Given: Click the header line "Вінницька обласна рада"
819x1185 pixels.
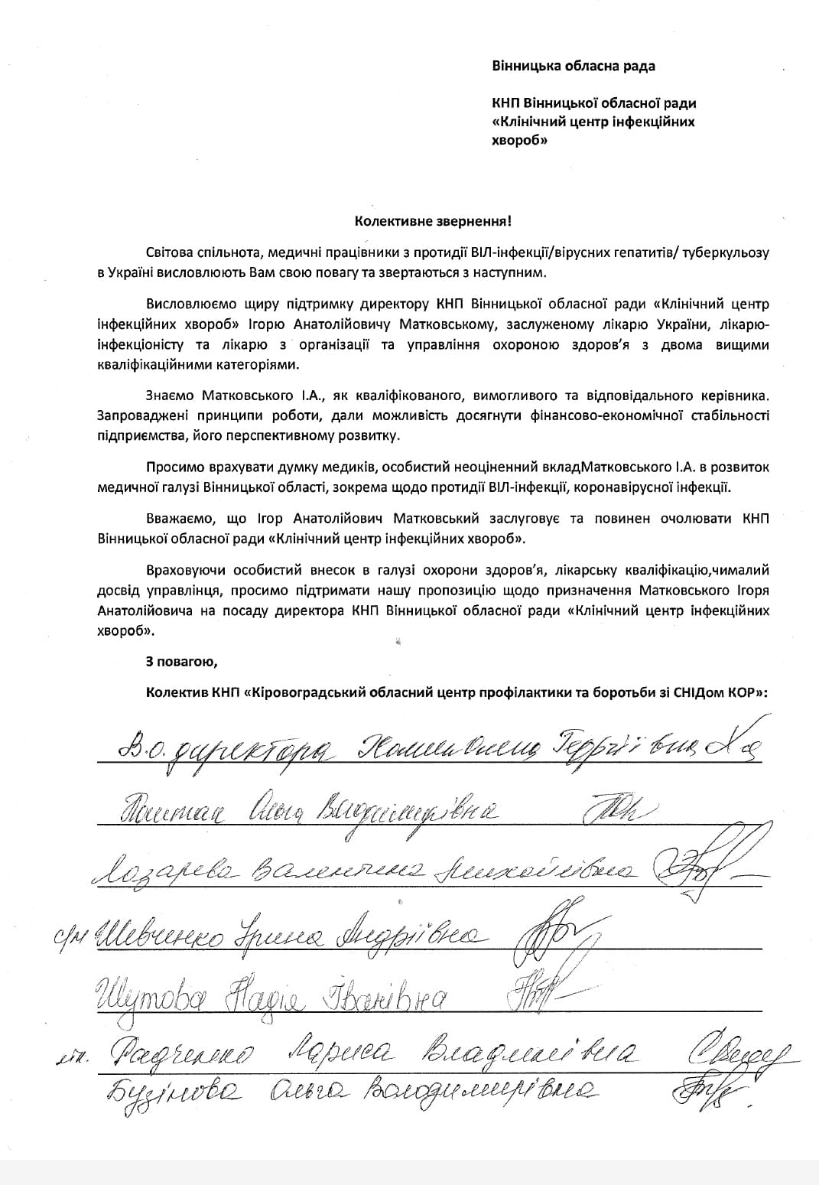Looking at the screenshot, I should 573,66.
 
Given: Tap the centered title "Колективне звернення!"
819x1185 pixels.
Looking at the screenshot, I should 433,222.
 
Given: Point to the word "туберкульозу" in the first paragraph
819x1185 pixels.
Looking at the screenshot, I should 731,252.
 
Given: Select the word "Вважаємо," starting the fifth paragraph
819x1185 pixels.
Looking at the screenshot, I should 174,519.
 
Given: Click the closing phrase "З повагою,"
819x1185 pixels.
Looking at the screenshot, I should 182,660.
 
